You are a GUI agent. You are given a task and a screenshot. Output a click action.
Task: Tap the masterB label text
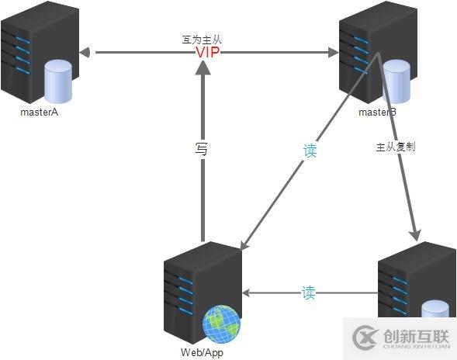tap(377, 113)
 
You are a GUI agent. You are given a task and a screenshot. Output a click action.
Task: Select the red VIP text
tap(208, 53)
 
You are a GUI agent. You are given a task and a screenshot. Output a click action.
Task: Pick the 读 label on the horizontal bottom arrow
tap(308, 293)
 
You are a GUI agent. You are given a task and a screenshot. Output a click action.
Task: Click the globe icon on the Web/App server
tap(221, 324)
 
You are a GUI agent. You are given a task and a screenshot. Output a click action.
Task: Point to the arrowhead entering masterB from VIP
tap(333, 53)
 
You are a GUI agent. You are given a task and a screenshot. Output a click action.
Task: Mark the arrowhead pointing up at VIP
tap(203, 69)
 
